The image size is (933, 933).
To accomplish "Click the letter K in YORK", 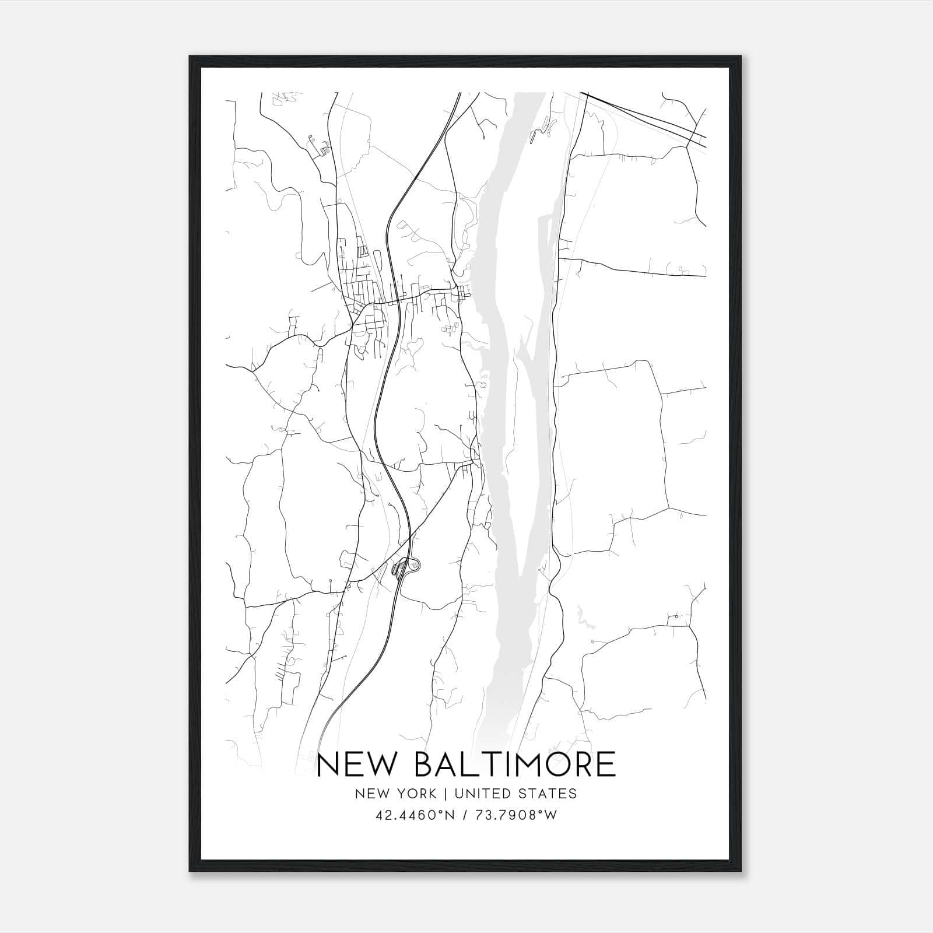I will pos(432,794).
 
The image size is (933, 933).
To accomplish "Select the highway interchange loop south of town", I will pos(413,564).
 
